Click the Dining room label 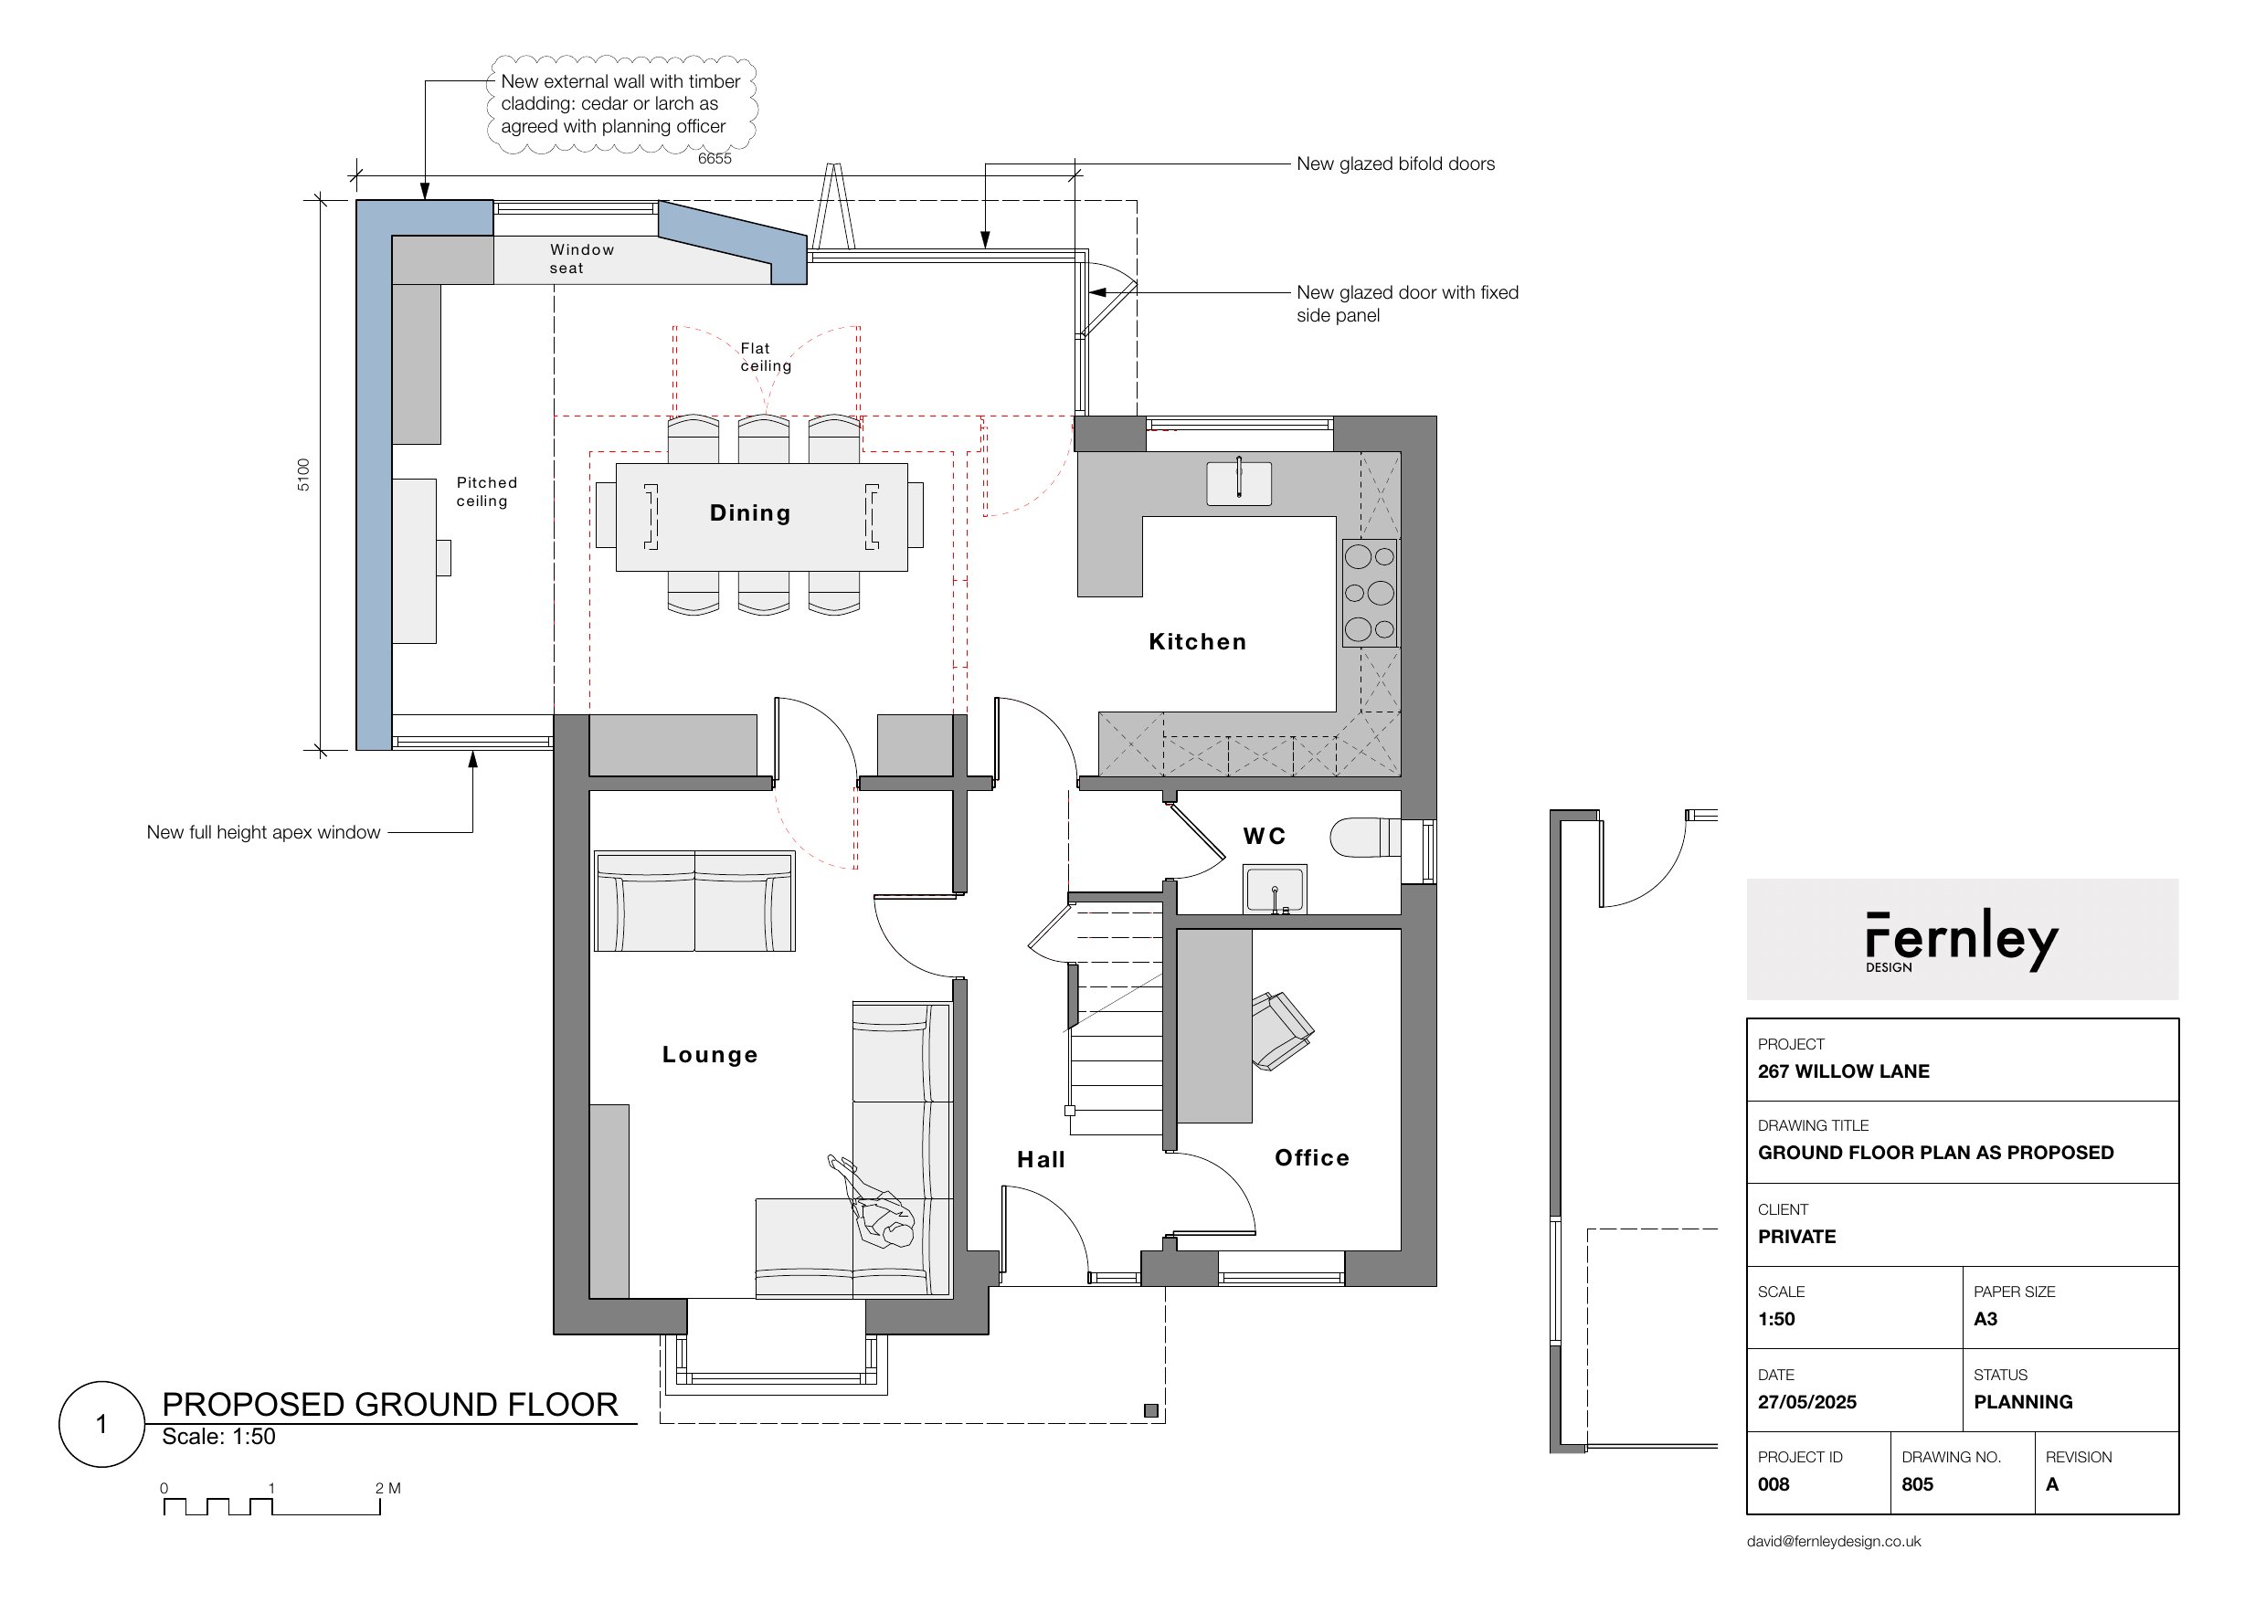tap(750, 513)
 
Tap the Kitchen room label tap(1198, 641)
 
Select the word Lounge tap(710, 1055)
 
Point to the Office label tap(1311, 1158)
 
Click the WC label tap(1264, 836)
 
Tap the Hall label tap(1041, 1160)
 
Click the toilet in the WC tap(1365, 837)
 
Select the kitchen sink tap(1239, 482)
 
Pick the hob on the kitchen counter tap(1370, 593)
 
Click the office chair tap(1282, 1030)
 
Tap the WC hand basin tap(1275, 890)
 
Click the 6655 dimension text tap(715, 159)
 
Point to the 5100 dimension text tap(303, 475)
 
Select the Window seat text tap(581, 258)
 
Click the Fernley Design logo tap(1961, 941)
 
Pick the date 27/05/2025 tap(1807, 1402)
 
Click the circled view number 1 tap(101, 1424)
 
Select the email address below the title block tap(1834, 1542)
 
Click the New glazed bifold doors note tap(1395, 163)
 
